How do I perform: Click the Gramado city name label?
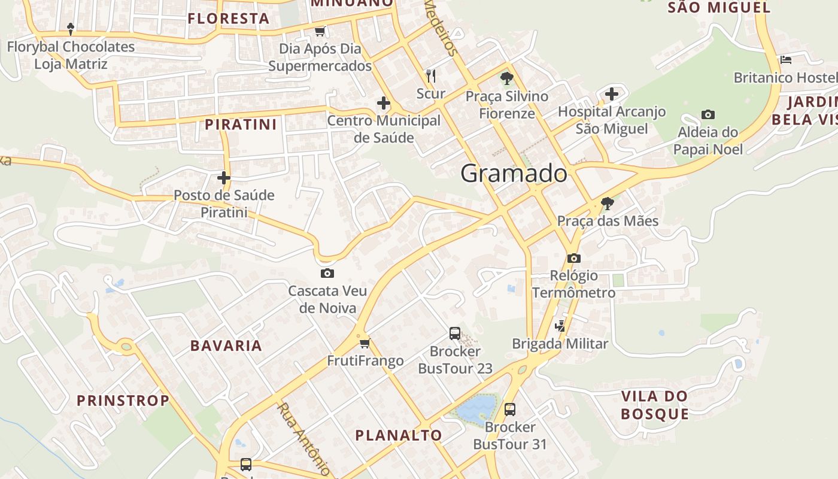click(x=514, y=174)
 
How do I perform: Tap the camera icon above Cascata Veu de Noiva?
click(x=327, y=274)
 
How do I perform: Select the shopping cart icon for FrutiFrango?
click(x=365, y=343)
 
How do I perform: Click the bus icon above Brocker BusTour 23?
click(x=455, y=334)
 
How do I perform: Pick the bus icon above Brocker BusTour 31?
click(x=510, y=410)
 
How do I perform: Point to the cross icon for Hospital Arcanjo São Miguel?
click(x=611, y=94)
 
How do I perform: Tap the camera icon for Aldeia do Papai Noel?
click(x=708, y=114)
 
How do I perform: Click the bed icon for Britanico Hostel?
click(x=786, y=60)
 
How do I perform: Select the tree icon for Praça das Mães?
click(x=607, y=204)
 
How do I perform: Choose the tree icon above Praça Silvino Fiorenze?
click(x=506, y=78)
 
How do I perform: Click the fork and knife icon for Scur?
click(x=431, y=75)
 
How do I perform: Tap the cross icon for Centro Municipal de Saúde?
click(x=384, y=103)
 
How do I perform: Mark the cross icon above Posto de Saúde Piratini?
click(x=224, y=178)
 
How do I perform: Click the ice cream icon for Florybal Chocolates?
click(x=71, y=28)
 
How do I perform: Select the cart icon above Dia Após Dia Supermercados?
click(x=320, y=31)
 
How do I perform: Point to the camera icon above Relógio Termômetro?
click(x=574, y=258)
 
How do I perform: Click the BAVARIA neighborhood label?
click(x=226, y=345)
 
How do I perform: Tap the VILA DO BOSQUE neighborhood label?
click(x=654, y=405)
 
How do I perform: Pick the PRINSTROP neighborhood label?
click(x=123, y=401)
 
